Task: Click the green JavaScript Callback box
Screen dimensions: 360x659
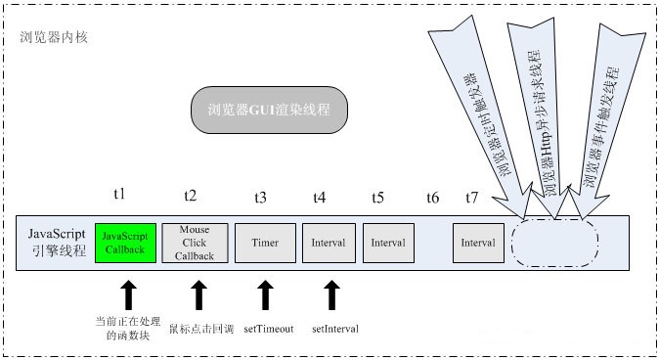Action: (126, 242)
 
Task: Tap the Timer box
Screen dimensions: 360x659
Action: (265, 242)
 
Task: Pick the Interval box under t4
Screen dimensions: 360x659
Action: (329, 242)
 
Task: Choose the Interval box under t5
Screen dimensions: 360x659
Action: (387, 242)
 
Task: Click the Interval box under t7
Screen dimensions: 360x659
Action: (478, 242)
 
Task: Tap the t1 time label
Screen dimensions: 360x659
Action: (119, 197)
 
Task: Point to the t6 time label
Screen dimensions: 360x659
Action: (432, 198)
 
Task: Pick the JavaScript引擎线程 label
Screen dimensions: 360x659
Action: (56, 242)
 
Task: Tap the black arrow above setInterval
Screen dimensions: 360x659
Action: (332, 295)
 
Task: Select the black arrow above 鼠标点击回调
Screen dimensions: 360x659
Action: (199, 295)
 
